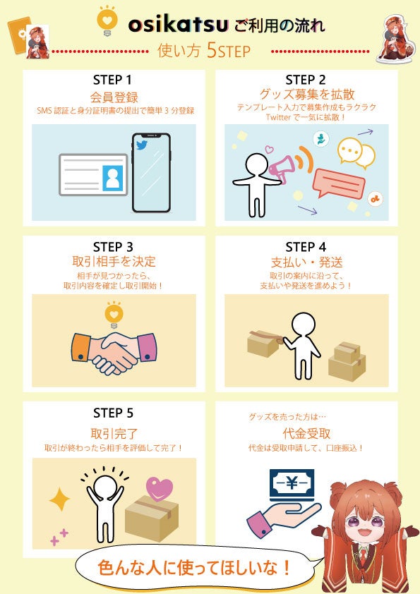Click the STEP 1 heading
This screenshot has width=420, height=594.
coord(112,80)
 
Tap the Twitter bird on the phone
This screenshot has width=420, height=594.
coord(142,145)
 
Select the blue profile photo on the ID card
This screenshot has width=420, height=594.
coord(112,178)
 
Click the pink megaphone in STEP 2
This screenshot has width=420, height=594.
coord(282,167)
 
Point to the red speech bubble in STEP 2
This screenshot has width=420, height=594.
coord(339,183)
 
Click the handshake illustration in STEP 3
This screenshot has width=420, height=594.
coord(114,353)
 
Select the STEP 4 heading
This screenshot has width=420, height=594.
coord(306,247)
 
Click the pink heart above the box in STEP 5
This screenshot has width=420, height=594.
coord(160,489)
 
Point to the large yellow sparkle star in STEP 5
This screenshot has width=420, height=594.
coord(59,499)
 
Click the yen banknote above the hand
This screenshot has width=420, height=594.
coord(292,485)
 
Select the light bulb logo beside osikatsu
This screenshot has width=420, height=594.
coord(107,21)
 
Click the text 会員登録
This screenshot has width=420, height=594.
coord(114,97)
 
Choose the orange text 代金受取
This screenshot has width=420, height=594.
coord(306,433)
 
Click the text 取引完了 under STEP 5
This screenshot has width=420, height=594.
coord(114,433)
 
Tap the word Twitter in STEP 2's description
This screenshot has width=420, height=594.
coord(278,117)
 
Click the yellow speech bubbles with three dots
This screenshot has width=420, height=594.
coord(356,153)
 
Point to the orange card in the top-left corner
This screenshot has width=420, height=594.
coord(19,35)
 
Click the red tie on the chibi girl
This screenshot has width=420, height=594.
coord(363,556)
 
